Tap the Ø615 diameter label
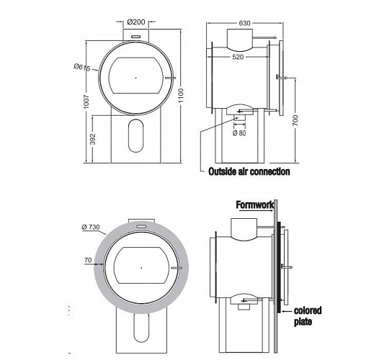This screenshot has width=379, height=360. click(81, 67)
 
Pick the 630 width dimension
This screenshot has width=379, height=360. click(244, 24)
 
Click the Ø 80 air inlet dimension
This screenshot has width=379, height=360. click(240, 132)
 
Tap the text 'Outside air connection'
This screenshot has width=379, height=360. click(249, 171)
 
